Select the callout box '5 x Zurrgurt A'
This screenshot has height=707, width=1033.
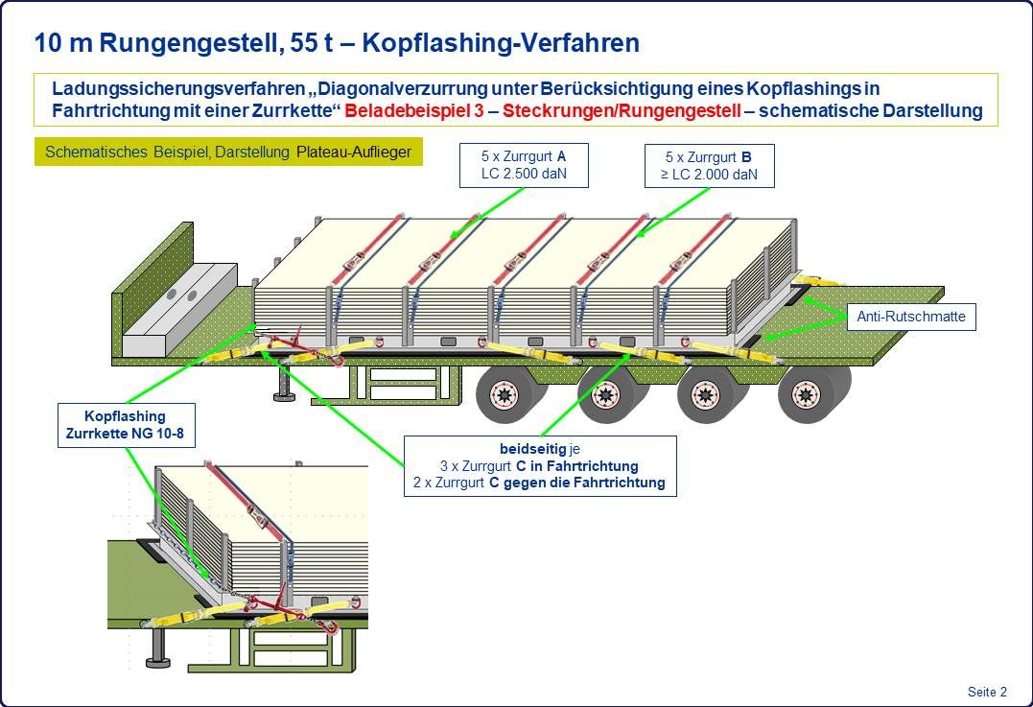point(524,165)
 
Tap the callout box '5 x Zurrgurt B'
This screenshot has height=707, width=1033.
point(709,166)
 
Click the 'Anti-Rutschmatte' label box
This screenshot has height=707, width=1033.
point(911,317)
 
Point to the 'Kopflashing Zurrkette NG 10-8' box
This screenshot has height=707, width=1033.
point(126,425)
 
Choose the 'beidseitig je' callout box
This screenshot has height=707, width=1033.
point(540,466)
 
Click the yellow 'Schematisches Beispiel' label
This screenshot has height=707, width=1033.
point(228,153)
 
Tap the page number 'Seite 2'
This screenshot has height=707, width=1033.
point(987,692)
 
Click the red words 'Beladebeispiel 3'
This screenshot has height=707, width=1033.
point(412,110)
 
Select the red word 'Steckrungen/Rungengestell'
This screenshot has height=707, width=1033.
point(622,110)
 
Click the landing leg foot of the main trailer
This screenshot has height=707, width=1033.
point(283,396)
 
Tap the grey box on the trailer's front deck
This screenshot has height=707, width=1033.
point(180,310)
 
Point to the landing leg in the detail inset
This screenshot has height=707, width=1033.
point(157,647)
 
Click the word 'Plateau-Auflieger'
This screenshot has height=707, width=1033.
point(354,153)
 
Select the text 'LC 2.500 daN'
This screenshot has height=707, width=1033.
point(524,174)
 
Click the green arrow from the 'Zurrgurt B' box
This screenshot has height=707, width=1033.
point(674,211)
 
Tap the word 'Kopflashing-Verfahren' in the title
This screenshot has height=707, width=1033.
point(501,43)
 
